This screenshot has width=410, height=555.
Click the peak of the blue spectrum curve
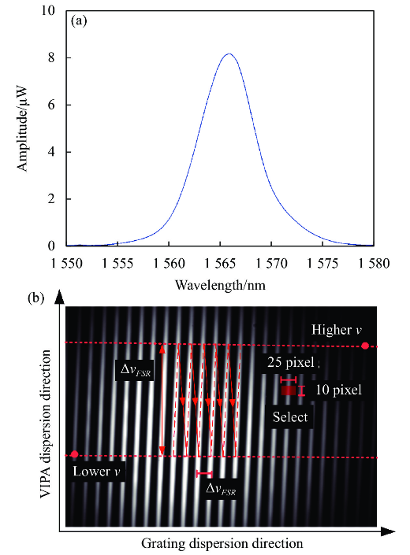click(229, 54)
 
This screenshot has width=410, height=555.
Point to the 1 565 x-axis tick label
click(220, 264)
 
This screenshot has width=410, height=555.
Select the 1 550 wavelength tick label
click(66, 264)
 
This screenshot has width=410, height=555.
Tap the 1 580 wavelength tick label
click(374, 264)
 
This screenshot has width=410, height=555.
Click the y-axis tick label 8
click(51, 57)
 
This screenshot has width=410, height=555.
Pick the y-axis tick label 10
click(48, 10)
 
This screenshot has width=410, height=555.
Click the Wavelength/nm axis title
click(220, 284)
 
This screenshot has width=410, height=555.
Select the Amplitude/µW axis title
click(22, 128)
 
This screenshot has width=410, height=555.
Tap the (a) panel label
click(79, 21)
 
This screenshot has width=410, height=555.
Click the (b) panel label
click(35, 298)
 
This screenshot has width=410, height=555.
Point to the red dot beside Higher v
click(365, 346)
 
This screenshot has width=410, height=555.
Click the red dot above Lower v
click(74, 454)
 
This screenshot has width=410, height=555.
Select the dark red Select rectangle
click(289, 390)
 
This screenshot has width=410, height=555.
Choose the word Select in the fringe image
click(290, 417)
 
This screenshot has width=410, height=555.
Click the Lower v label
click(96, 471)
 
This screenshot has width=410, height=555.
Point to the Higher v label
click(337, 330)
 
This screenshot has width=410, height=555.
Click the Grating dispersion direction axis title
click(222, 543)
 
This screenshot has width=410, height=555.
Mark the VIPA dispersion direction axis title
click(46, 424)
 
